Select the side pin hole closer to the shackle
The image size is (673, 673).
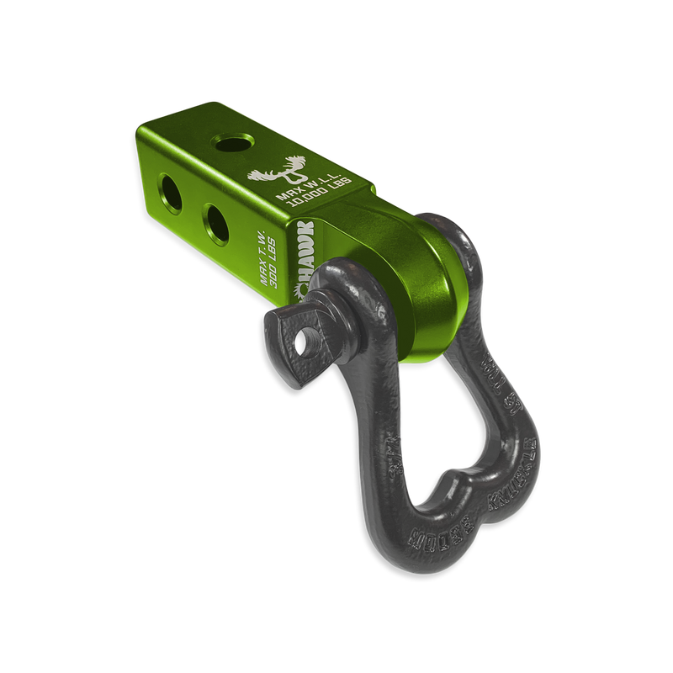tap(216, 224)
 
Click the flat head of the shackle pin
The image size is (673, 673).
tap(299, 332)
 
